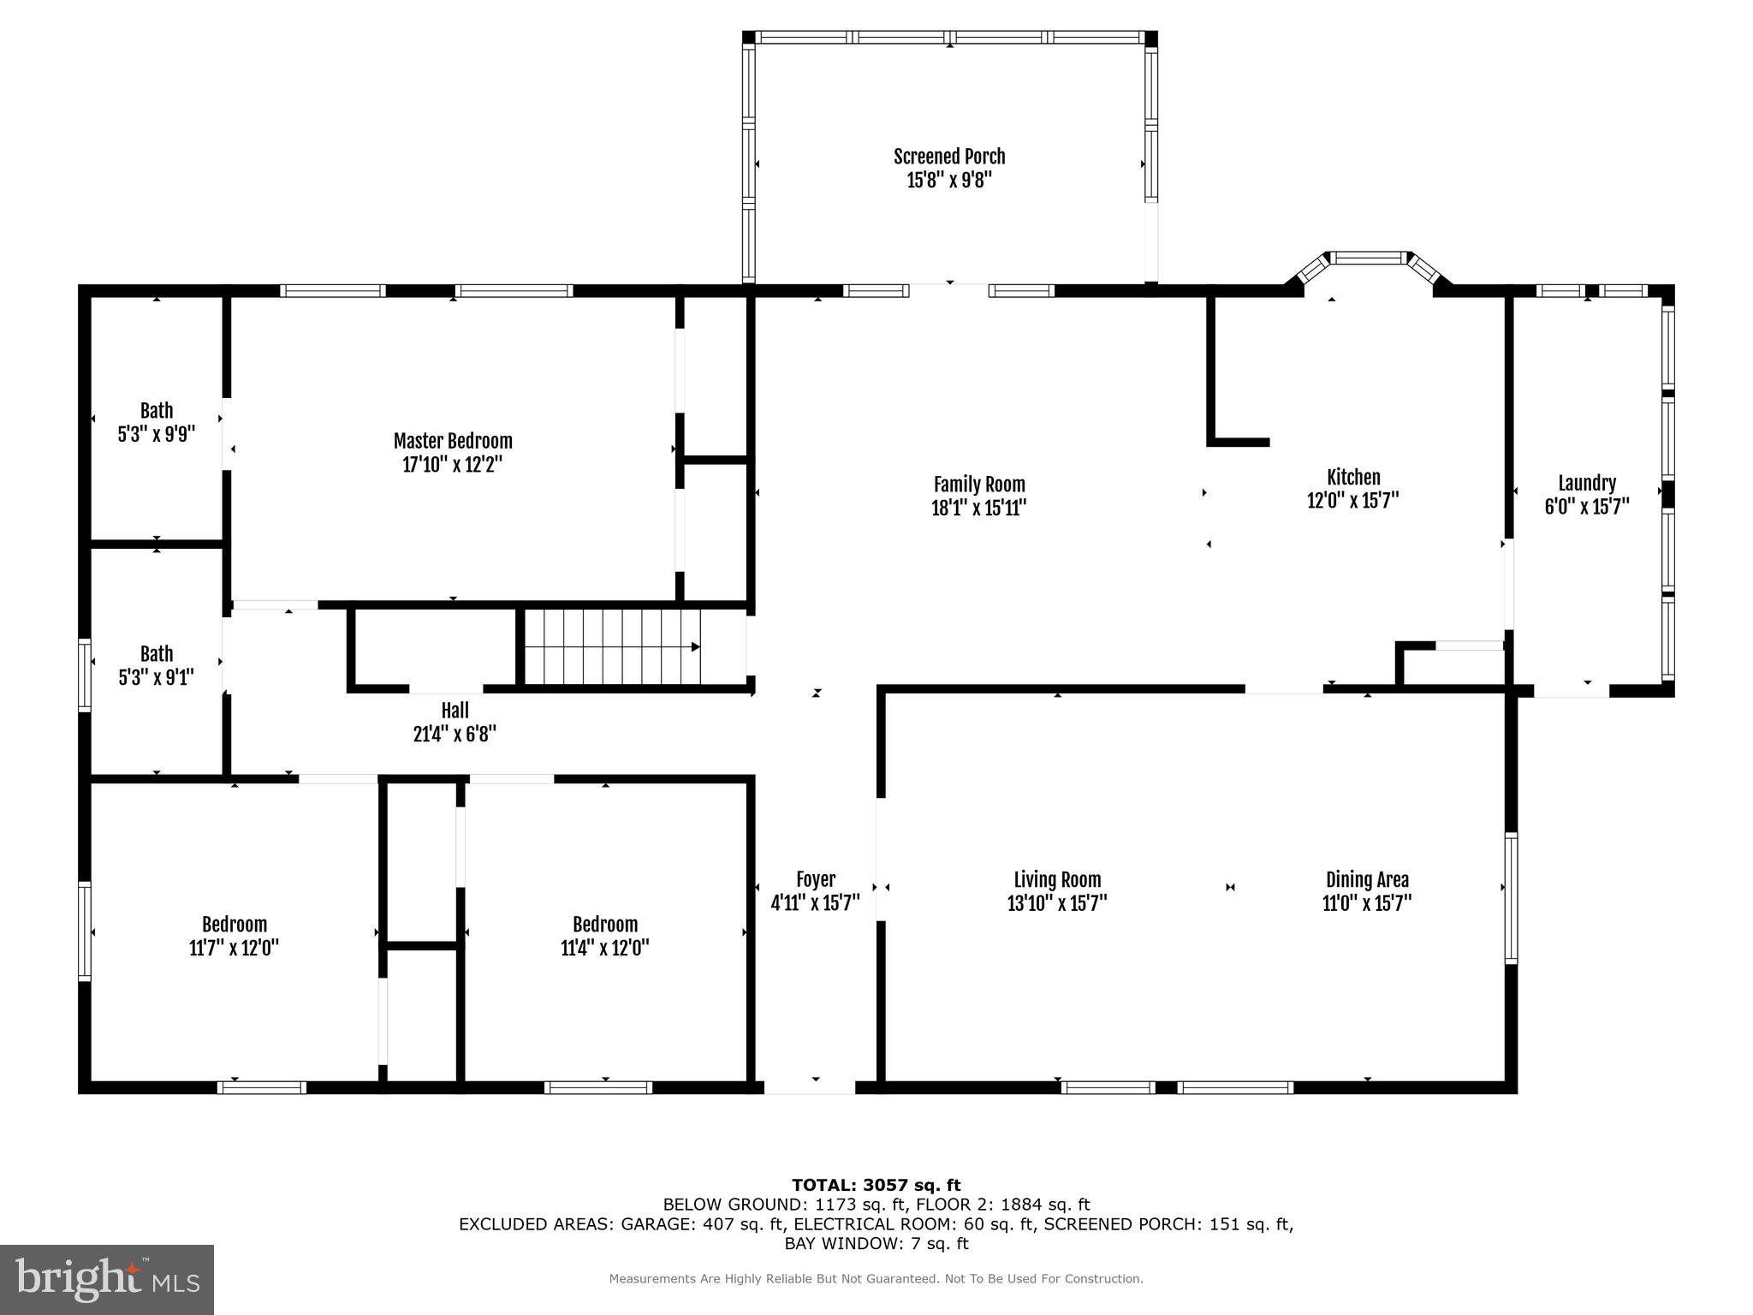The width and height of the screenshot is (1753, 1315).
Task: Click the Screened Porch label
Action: point(949,157)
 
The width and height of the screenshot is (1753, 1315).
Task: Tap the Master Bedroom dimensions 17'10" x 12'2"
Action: point(452,465)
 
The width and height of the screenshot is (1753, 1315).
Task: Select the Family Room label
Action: point(978,485)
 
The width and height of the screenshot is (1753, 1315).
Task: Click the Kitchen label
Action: point(1352,478)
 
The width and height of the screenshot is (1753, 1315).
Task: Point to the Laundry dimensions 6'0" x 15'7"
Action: point(1586,507)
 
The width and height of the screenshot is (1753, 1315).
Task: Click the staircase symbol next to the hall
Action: point(612,646)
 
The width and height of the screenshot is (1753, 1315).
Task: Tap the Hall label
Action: point(455,711)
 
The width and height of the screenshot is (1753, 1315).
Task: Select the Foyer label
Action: point(815,879)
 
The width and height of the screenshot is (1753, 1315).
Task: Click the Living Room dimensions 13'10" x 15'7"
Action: point(1057,903)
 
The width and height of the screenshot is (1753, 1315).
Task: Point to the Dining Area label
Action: point(1366,879)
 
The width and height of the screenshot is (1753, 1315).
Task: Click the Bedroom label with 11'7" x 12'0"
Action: point(234,925)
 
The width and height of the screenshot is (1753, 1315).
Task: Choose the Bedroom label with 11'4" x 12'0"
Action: point(604,925)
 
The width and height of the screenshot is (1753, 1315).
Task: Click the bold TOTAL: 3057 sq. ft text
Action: point(876,1185)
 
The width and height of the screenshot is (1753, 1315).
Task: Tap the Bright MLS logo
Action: point(107,1279)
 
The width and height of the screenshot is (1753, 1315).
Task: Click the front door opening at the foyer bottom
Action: point(809,1087)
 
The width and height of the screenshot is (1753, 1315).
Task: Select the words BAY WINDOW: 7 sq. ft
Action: point(876,1243)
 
